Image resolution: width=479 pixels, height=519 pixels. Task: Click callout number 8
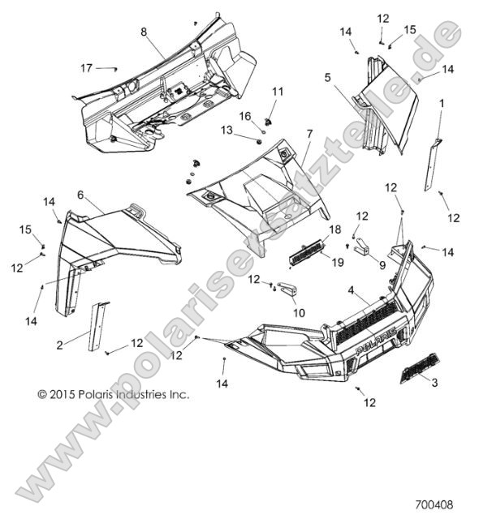coord(144,32)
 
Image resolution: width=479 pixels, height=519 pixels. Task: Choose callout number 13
coord(227,130)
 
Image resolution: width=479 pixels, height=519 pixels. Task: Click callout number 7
coord(309,132)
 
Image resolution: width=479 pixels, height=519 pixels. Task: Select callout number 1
coord(442,103)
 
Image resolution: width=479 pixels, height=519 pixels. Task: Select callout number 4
coord(351,290)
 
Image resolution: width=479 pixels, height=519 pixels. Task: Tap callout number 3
coord(434,382)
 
